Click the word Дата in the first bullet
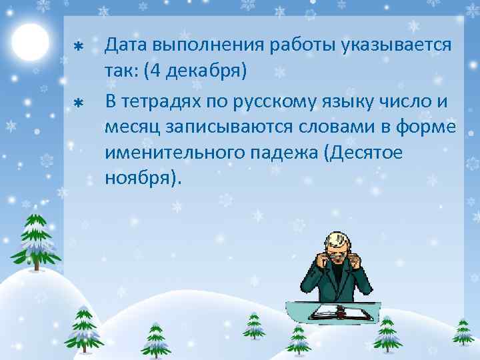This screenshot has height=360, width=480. pos(127,47)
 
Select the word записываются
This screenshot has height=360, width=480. pos(231,128)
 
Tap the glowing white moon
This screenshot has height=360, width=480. pos(31,41)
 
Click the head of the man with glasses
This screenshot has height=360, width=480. pos(336,247)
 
